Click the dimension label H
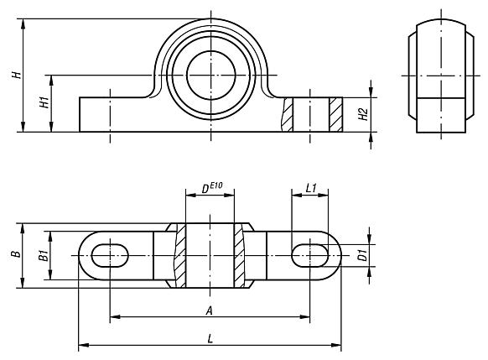pyautogui.click(x=15, y=76)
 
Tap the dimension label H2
pyautogui.click(x=362, y=114)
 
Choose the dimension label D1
pyautogui.click(x=362, y=255)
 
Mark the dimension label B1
pyautogui.click(x=43, y=255)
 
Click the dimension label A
pyautogui.click(x=208, y=310)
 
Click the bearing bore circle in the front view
pyautogui.click(x=209, y=74)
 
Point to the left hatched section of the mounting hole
pyautogui.click(x=288, y=114)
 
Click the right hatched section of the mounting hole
pyautogui.click(x=335, y=114)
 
